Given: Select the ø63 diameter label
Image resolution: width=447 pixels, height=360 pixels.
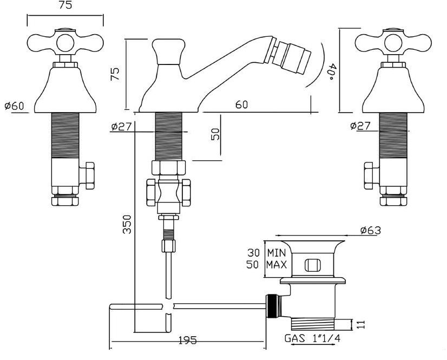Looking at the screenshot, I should click(370, 231).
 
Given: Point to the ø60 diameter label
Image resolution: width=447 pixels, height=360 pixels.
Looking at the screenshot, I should click(14, 106).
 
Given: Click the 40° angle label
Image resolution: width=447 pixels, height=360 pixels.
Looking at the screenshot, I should click(332, 70).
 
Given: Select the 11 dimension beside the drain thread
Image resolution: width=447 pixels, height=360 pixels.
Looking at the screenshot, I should click(361, 325).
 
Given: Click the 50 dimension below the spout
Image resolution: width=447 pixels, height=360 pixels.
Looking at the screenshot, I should click(215, 134).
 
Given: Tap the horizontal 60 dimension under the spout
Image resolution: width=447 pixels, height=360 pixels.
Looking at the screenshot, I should click(241, 105).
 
